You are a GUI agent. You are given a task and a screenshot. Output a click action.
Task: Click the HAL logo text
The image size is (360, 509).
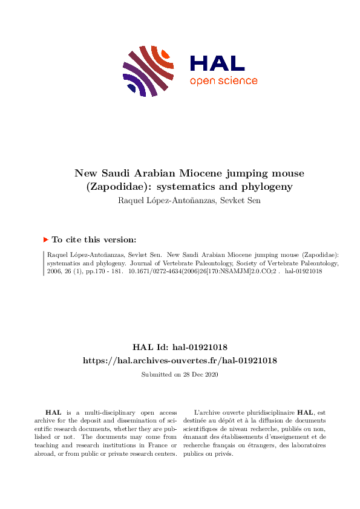217,63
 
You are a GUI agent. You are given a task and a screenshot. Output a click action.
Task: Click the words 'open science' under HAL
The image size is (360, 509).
223,81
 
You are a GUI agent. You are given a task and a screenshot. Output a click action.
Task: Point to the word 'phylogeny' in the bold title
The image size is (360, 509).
264,187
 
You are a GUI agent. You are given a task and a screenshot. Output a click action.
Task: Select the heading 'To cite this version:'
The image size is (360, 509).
94,240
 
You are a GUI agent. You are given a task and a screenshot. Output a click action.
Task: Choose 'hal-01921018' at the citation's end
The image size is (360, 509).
303,271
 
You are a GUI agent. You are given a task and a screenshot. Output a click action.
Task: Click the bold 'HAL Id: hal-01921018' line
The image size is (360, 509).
180,347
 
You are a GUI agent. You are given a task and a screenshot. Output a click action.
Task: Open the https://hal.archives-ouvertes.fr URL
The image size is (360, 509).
180,360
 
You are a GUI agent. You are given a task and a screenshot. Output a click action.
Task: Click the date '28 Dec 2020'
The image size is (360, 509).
199,375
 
